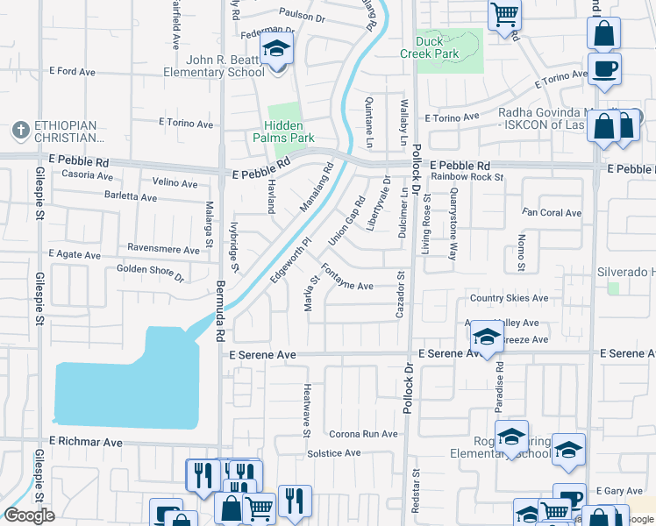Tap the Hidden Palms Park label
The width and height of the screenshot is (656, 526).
[x=283, y=131]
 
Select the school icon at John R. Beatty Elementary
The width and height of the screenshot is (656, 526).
[x=277, y=51]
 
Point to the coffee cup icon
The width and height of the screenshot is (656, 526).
[x=604, y=68]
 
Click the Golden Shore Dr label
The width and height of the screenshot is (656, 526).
[x=150, y=274]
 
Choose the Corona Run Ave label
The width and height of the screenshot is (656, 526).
[x=364, y=434]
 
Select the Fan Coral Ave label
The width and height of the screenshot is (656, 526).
[x=552, y=213]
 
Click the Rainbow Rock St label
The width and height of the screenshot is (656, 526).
[x=467, y=177]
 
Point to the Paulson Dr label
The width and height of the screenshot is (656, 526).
[x=302, y=15]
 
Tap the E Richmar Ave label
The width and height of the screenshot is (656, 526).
[x=86, y=443]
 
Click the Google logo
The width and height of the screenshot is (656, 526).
[x=29, y=515]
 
